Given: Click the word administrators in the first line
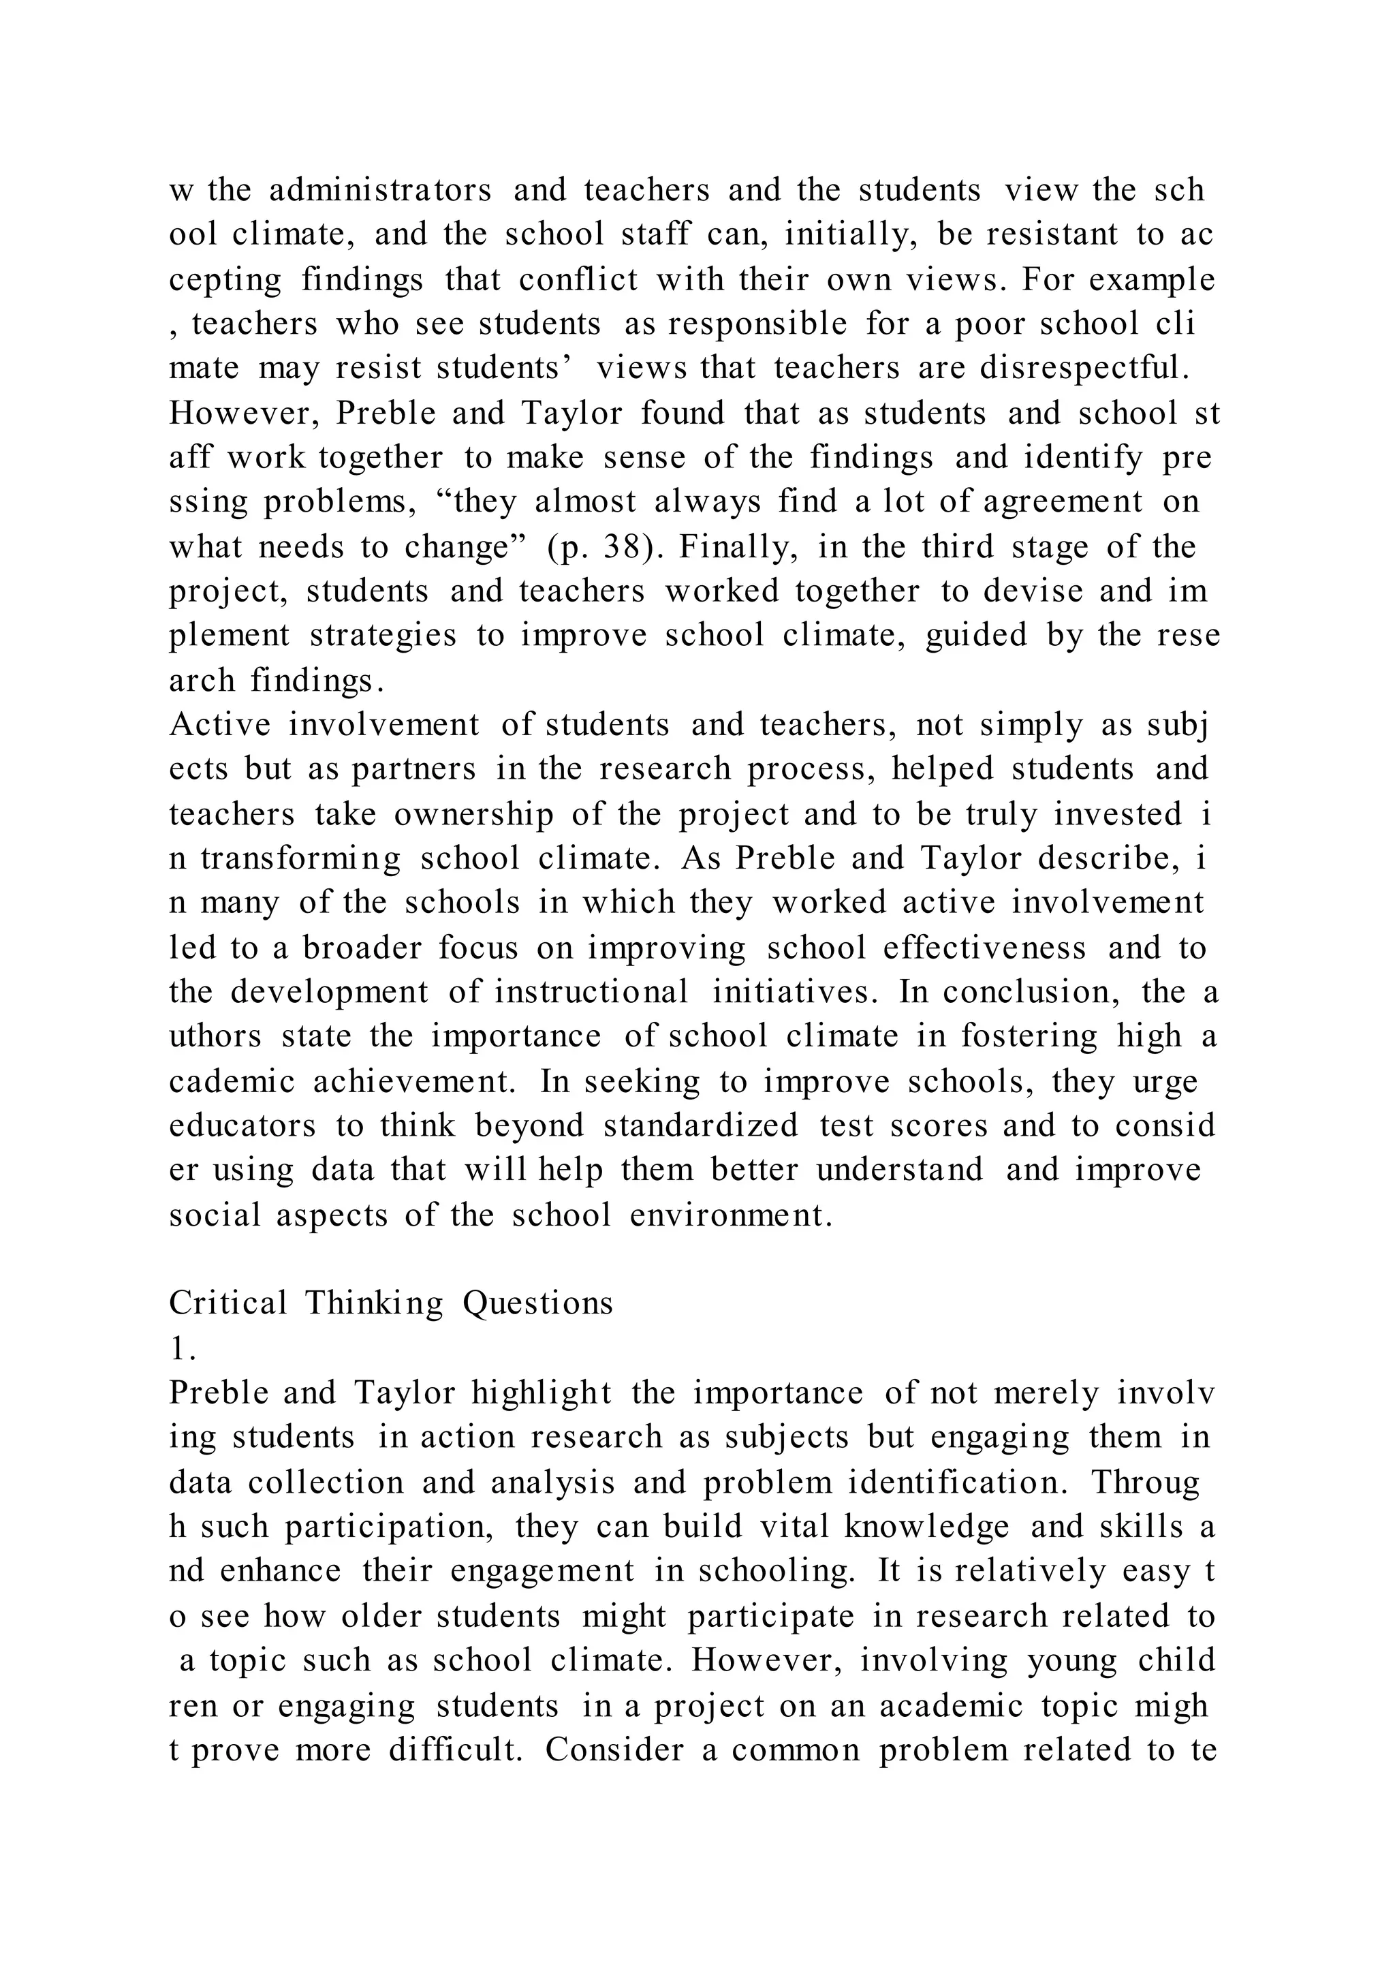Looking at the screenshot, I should [x=381, y=190].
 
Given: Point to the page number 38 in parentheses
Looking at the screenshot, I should [x=621, y=546].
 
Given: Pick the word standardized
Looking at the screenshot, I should [x=701, y=1125].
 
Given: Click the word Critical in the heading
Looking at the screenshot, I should [x=228, y=1303].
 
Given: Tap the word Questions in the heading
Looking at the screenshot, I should [x=539, y=1303].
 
